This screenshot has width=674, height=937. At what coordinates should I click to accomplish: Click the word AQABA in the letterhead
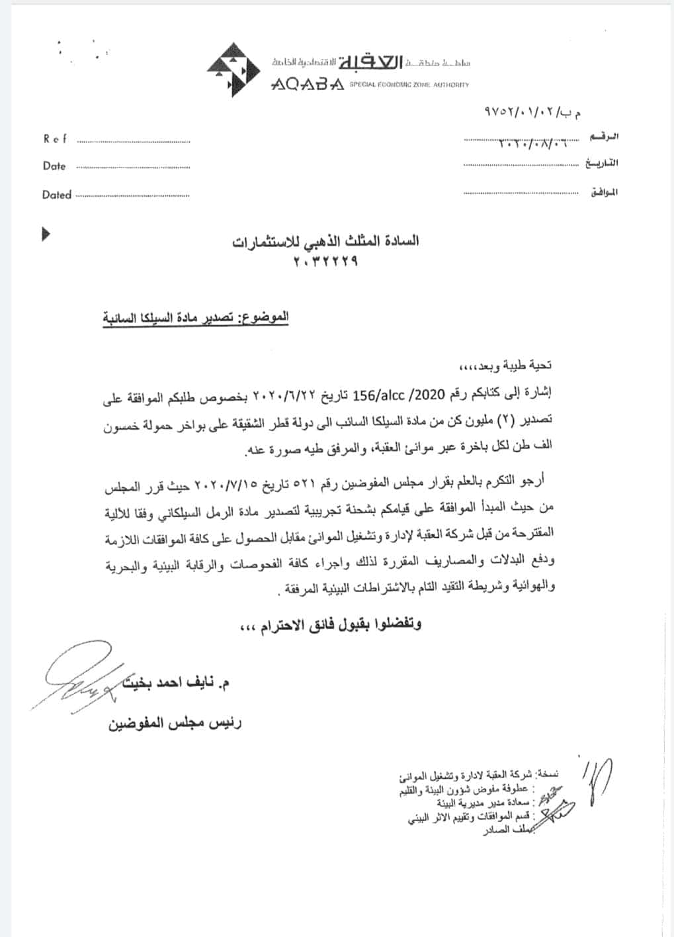tap(307, 85)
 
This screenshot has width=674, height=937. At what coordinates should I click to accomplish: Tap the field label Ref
tap(56, 139)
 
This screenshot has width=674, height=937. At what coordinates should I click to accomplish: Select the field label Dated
tap(57, 195)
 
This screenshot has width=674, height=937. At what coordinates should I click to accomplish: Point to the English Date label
tap(54, 166)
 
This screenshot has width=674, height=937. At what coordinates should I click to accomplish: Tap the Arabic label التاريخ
tap(602, 163)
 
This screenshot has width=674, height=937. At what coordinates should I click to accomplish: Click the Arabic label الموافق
tap(604, 192)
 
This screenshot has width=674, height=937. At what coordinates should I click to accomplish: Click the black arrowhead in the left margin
tap(46, 234)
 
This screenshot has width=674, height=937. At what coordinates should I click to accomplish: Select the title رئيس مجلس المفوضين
tap(175, 722)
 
